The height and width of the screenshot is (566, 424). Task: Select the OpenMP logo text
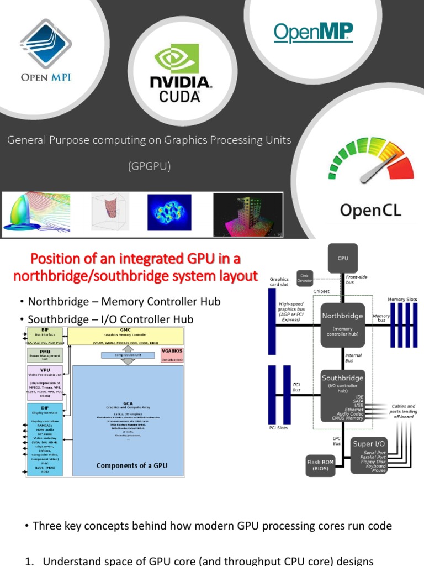click(313, 33)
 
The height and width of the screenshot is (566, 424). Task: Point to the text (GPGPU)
click(149, 166)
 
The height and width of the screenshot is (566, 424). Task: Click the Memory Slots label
click(402, 299)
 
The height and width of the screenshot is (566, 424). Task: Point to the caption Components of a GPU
click(131, 465)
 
